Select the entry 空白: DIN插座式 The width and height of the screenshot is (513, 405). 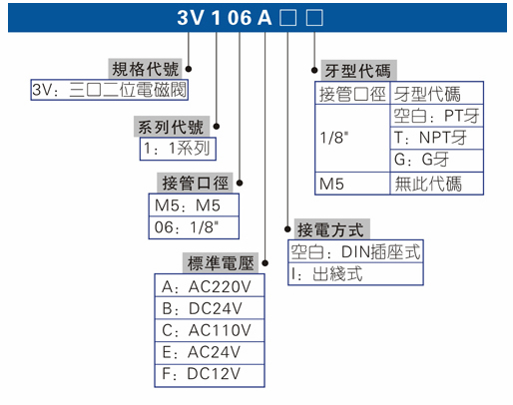(356, 251)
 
